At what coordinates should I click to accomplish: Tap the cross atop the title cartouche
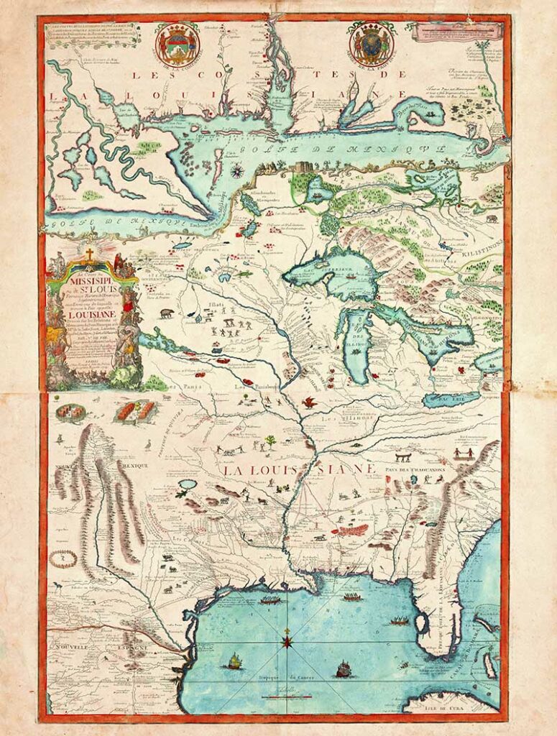coord(90,254)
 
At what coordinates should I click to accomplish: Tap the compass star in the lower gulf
coord(287,638)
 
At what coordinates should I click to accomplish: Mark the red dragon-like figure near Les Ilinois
coord(310,402)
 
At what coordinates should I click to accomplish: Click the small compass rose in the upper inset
coord(235,170)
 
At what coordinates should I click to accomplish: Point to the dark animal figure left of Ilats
coord(166,313)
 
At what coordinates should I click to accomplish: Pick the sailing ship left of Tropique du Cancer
coord(234,661)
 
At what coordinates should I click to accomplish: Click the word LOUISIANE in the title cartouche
coord(91,314)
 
